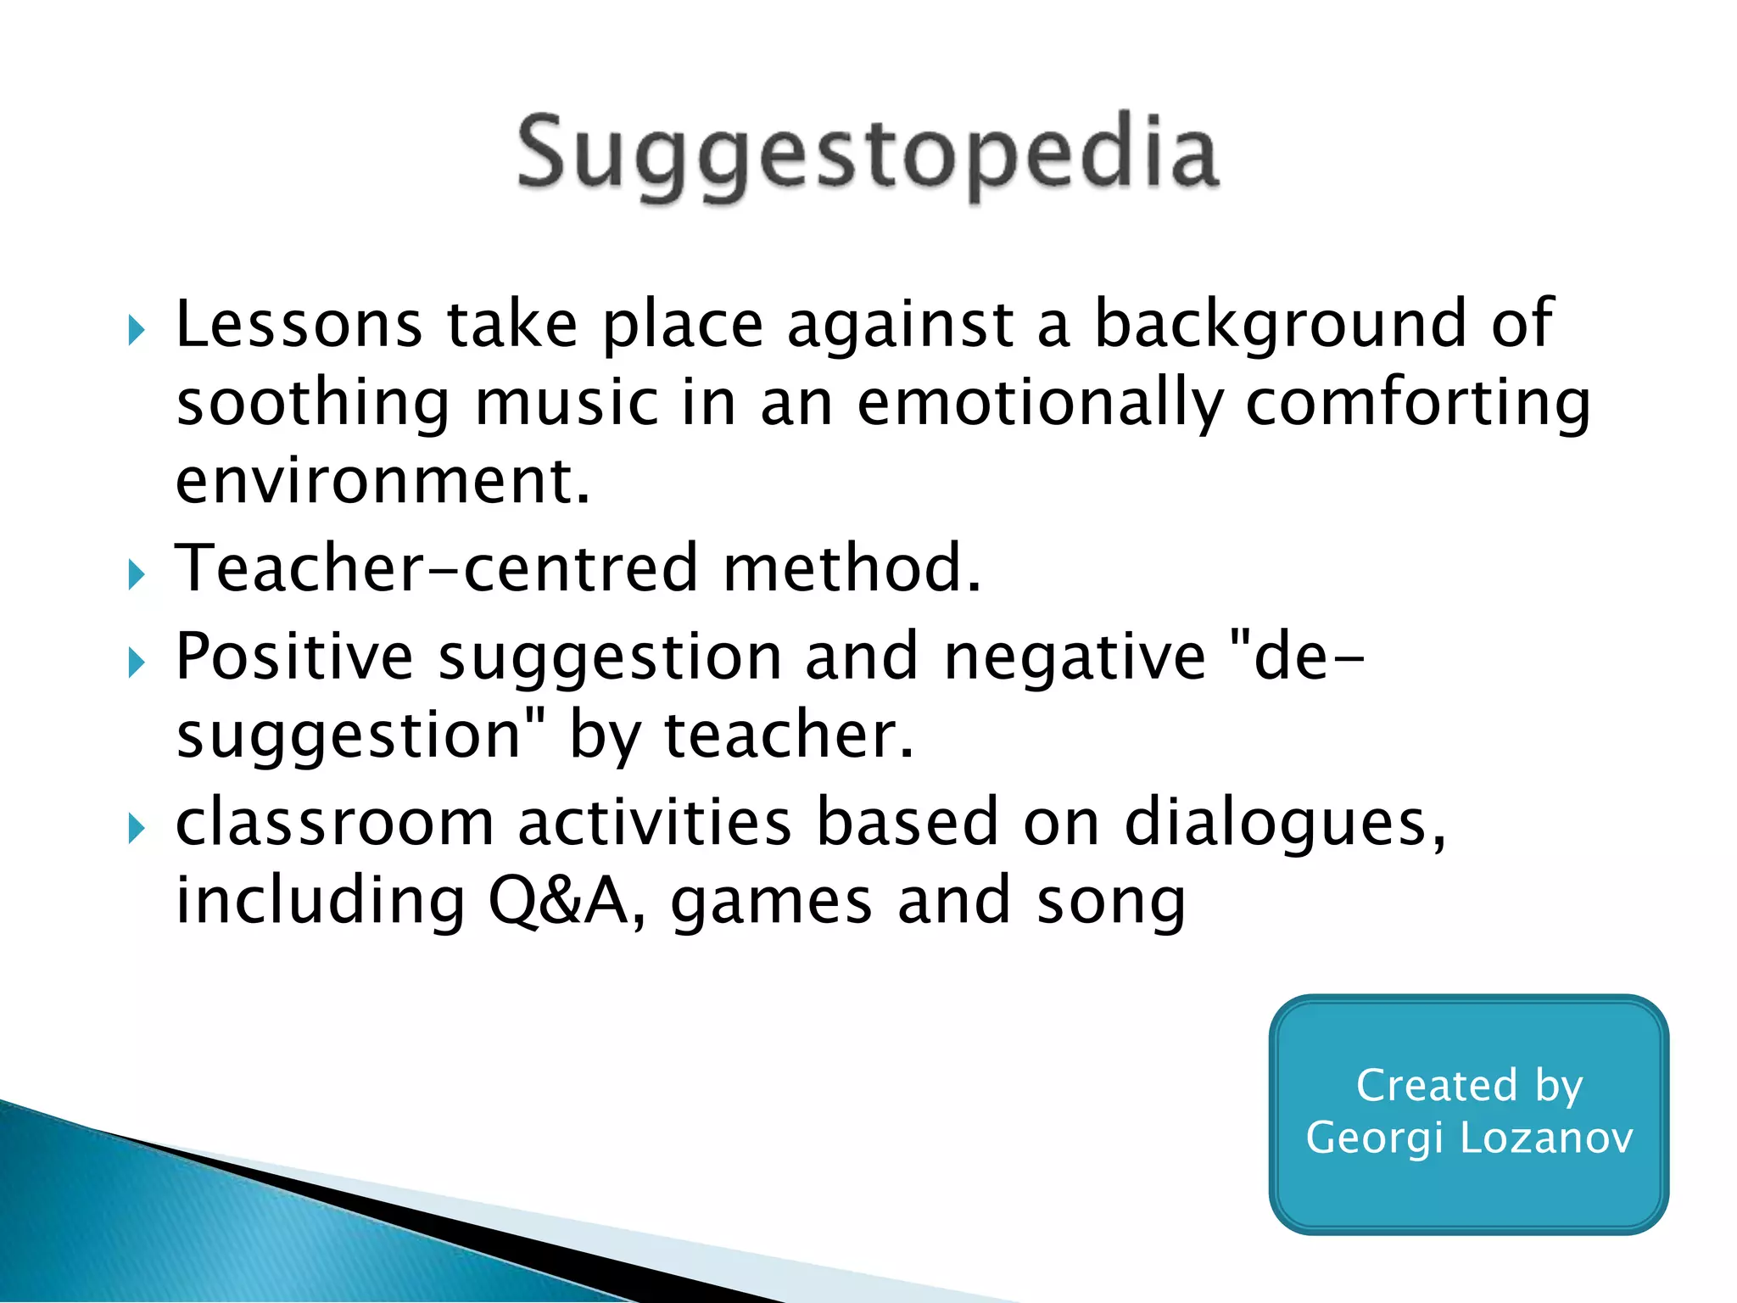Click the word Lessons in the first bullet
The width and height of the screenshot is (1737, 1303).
point(299,325)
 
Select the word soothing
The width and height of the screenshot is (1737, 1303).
point(312,405)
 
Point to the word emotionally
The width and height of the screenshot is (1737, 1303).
point(1040,405)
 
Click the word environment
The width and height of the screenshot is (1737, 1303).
point(382,481)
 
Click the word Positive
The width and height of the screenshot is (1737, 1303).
point(294,657)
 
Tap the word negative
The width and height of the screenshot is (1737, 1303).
point(1074,658)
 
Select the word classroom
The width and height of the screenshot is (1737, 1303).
point(334,822)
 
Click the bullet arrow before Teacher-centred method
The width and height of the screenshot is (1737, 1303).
point(137,575)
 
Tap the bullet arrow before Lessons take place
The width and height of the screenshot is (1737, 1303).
point(137,330)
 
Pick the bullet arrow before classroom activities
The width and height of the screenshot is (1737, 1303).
point(137,828)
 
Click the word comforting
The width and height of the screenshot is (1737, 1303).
point(1417,405)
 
